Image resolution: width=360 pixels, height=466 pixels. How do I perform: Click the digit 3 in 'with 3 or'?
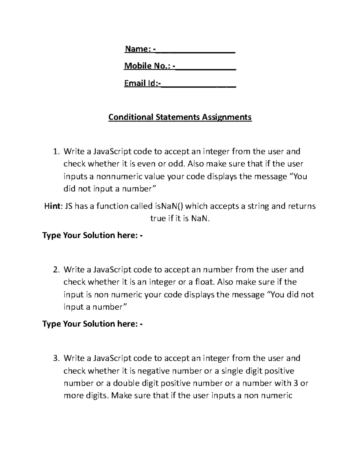point(295,383)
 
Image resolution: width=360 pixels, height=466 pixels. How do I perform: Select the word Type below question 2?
point(52,324)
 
